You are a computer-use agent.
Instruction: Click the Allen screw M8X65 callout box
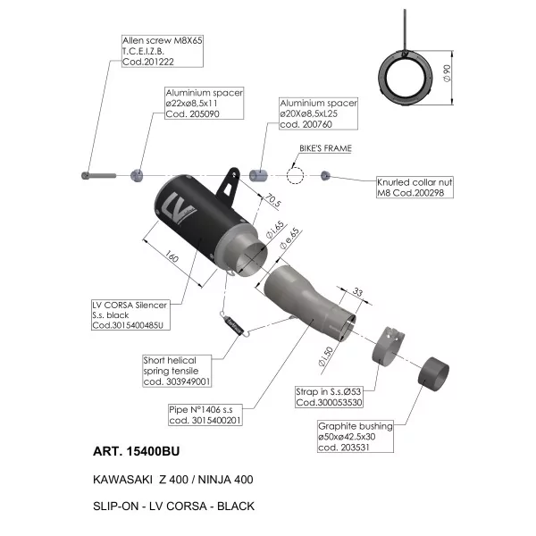[163, 51]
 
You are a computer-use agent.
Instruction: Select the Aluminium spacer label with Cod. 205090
[204, 104]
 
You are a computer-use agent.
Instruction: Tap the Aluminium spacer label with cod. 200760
[318, 113]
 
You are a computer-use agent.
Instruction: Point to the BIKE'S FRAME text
[325, 148]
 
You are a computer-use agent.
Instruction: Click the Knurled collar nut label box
[415, 188]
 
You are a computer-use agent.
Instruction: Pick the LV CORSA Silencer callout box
[130, 315]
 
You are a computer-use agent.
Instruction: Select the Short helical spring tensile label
[177, 371]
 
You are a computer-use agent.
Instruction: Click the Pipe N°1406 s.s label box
[205, 415]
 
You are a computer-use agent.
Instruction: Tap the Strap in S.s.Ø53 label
[329, 397]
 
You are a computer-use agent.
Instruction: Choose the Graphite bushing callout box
[356, 437]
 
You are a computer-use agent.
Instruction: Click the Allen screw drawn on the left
[99, 176]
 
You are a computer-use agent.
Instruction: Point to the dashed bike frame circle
[295, 176]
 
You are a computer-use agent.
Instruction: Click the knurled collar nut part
[325, 176]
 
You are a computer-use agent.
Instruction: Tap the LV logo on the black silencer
[178, 207]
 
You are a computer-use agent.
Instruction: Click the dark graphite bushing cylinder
[433, 374]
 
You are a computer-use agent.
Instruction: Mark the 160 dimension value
[172, 256]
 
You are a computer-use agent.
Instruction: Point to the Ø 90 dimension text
[447, 73]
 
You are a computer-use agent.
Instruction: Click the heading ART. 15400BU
[136, 451]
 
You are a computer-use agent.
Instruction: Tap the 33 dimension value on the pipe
[357, 292]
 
